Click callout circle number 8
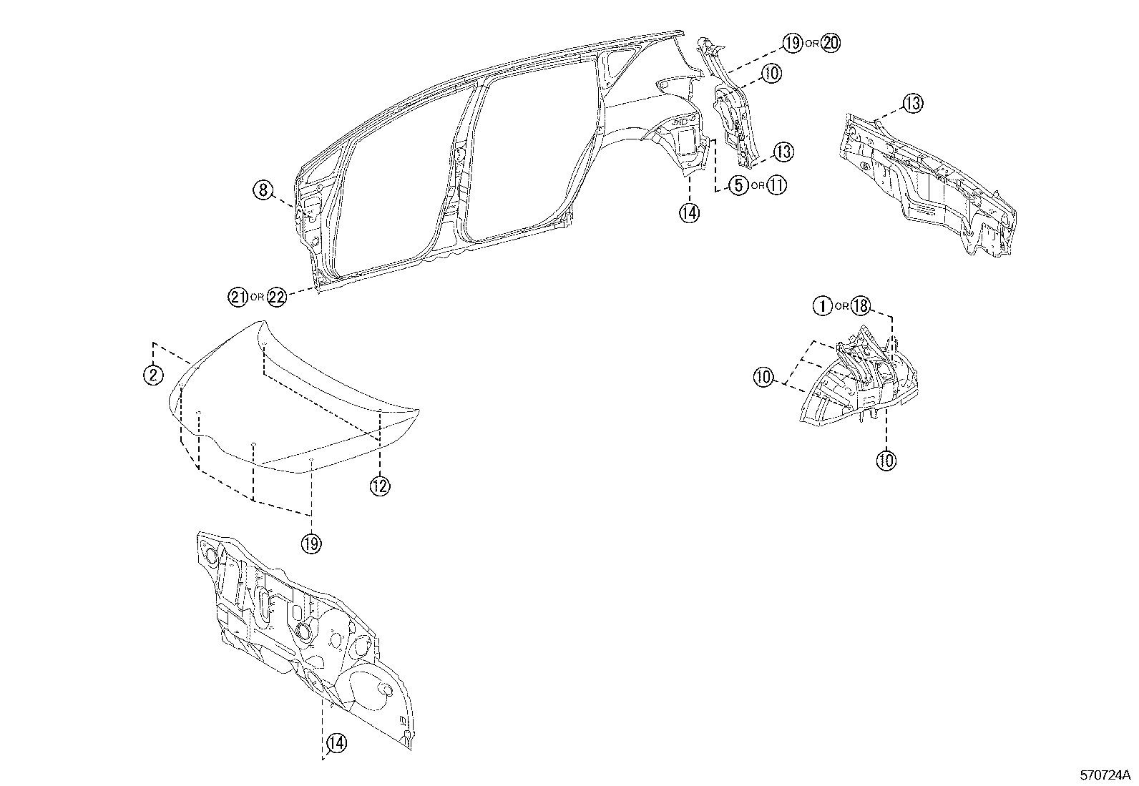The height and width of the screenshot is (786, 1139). click(x=263, y=190)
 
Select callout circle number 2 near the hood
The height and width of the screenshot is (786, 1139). click(x=153, y=374)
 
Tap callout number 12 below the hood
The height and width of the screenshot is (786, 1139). click(x=379, y=486)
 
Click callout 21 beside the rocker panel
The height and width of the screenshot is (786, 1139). click(x=238, y=297)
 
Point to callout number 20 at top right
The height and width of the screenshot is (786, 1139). click(x=831, y=43)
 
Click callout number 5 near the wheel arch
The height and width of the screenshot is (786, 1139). click(x=738, y=186)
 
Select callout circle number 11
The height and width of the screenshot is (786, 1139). click(x=777, y=186)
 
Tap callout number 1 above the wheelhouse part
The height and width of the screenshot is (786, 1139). click(x=822, y=306)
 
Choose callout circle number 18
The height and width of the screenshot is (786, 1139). click(x=860, y=306)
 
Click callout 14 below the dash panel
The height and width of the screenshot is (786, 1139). click(x=336, y=744)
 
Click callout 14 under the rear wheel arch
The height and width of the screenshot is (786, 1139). click(x=690, y=212)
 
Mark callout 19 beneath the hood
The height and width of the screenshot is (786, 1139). click(x=311, y=544)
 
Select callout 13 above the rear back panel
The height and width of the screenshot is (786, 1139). click(x=912, y=103)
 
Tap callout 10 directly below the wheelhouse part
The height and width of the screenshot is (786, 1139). click(x=886, y=461)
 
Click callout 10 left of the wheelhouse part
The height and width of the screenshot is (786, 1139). click(x=764, y=377)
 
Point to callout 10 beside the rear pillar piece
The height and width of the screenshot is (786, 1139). click(x=771, y=72)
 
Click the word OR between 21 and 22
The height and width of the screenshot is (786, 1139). click(x=258, y=298)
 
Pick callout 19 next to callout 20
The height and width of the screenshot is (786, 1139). click(x=792, y=43)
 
